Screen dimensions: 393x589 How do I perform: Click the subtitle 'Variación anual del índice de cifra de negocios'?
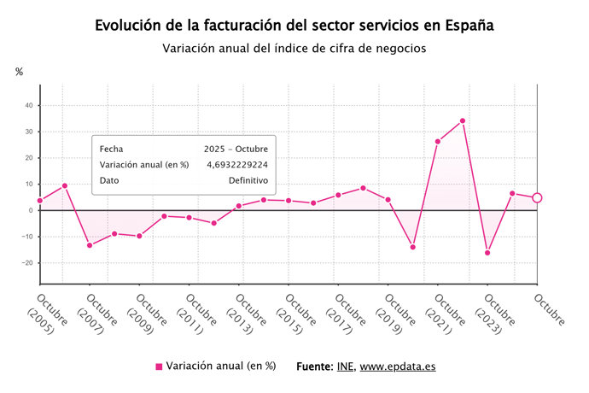(x=294, y=49)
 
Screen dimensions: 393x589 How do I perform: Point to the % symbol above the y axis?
(x=19, y=72)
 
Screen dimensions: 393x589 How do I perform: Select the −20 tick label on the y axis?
(x=26, y=263)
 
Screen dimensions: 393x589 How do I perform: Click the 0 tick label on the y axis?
(x=30, y=210)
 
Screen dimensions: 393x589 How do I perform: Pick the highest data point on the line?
(x=463, y=120)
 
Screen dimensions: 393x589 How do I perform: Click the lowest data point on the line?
(x=487, y=252)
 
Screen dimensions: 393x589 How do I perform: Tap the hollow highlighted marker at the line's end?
(x=537, y=197)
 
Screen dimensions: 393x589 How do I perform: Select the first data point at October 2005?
(x=40, y=201)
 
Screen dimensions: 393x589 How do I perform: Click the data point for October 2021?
(x=438, y=142)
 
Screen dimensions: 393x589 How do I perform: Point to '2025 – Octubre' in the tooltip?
(x=236, y=149)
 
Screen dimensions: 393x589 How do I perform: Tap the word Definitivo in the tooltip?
(x=248, y=181)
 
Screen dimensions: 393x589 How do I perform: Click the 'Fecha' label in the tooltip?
(x=111, y=149)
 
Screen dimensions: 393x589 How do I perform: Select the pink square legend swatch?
(x=159, y=367)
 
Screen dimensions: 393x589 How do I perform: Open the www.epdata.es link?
(x=397, y=366)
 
